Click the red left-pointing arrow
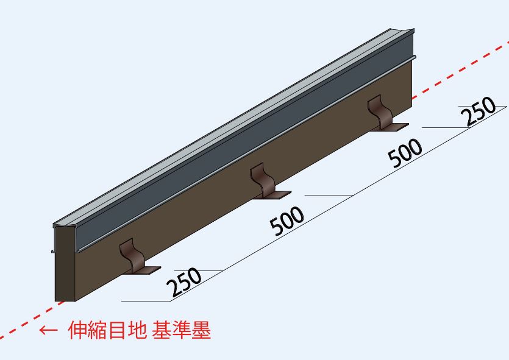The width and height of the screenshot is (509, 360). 48,330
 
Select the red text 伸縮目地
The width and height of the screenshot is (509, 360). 107,330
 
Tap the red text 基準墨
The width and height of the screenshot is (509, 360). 182,330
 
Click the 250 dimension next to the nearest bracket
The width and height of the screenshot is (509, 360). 184,281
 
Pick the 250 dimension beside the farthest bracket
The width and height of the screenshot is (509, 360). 479,111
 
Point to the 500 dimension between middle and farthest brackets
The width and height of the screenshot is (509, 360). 405,153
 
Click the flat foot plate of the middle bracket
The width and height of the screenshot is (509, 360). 274,195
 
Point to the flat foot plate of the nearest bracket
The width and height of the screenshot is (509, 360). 143,270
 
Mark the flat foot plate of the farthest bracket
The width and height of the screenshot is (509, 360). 391,127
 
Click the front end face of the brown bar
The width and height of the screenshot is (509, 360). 65,264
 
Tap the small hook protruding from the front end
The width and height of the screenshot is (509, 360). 53,251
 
